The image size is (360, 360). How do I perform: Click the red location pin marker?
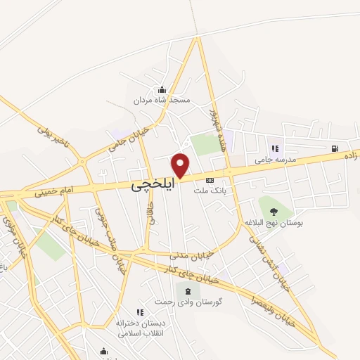point(181,165)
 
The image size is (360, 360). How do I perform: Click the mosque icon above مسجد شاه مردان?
point(162,89)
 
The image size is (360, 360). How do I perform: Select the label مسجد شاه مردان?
point(162,101)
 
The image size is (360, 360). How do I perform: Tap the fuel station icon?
point(336,148)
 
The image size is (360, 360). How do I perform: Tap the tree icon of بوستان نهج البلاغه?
point(274,211)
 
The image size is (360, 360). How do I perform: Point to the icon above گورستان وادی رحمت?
point(187,290)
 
